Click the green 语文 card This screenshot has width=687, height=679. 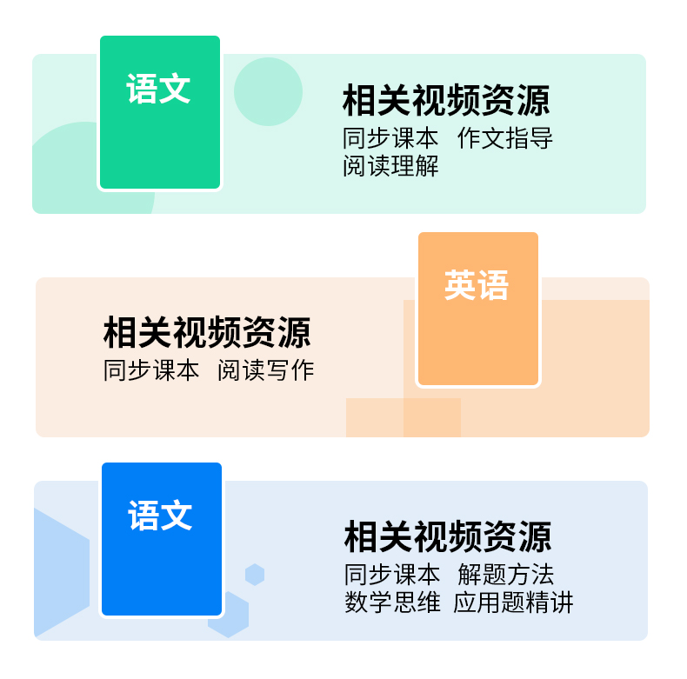[160, 113]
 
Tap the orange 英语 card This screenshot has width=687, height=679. [478, 309]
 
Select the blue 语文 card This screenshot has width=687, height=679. [162, 539]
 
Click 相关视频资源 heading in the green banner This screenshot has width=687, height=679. [446, 101]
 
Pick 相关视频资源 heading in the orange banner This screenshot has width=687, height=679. [207, 332]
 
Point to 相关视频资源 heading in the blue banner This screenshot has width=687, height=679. [448, 536]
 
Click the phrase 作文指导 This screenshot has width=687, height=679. [505, 138]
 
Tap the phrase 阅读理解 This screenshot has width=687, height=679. [391, 165]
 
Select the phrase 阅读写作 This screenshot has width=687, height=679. [265, 370]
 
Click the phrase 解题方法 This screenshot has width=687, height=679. [506, 575]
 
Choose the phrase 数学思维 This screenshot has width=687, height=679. [392, 602]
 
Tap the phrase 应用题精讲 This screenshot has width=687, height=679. [513, 602]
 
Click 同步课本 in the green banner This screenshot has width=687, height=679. [391, 138]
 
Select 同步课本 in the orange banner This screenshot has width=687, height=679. [151, 370]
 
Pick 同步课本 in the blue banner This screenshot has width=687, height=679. [392, 575]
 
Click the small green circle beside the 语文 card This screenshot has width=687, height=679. [269, 91]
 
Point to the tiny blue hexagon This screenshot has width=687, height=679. [255, 575]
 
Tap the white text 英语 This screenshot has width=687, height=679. [477, 285]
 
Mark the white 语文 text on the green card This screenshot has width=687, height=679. [158, 89]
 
